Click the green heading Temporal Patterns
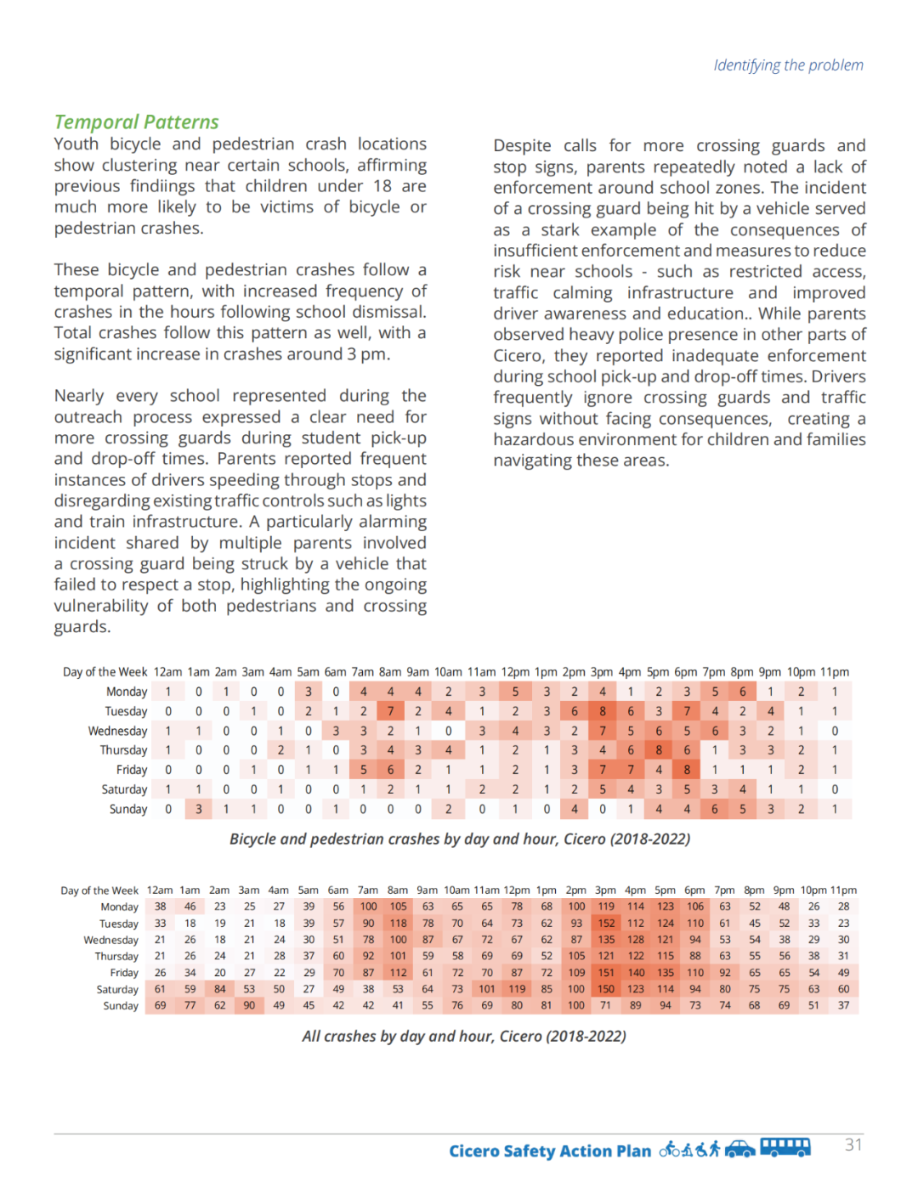pos(136,122)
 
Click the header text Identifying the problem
pos(788,65)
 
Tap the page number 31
pos(853,1145)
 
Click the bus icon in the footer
pos(785,1148)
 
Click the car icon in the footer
pos(739,1150)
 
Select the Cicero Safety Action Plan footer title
pos(550,1151)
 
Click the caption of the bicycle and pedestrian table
pos(459,839)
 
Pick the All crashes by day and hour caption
pos(463,1036)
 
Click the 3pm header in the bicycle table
pos(602,672)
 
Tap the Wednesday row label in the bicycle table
pos(117,731)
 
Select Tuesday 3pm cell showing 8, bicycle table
pos(603,711)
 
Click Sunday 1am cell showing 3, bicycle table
pos(199,809)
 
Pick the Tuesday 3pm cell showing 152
pos(606,924)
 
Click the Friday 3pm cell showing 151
pos(606,973)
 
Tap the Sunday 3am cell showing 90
pos(249,1006)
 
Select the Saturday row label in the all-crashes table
pos(117,990)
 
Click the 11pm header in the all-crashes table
pos(843,890)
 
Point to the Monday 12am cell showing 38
pos(160,907)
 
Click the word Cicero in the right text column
pos(518,356)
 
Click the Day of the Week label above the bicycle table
pos(105,672)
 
